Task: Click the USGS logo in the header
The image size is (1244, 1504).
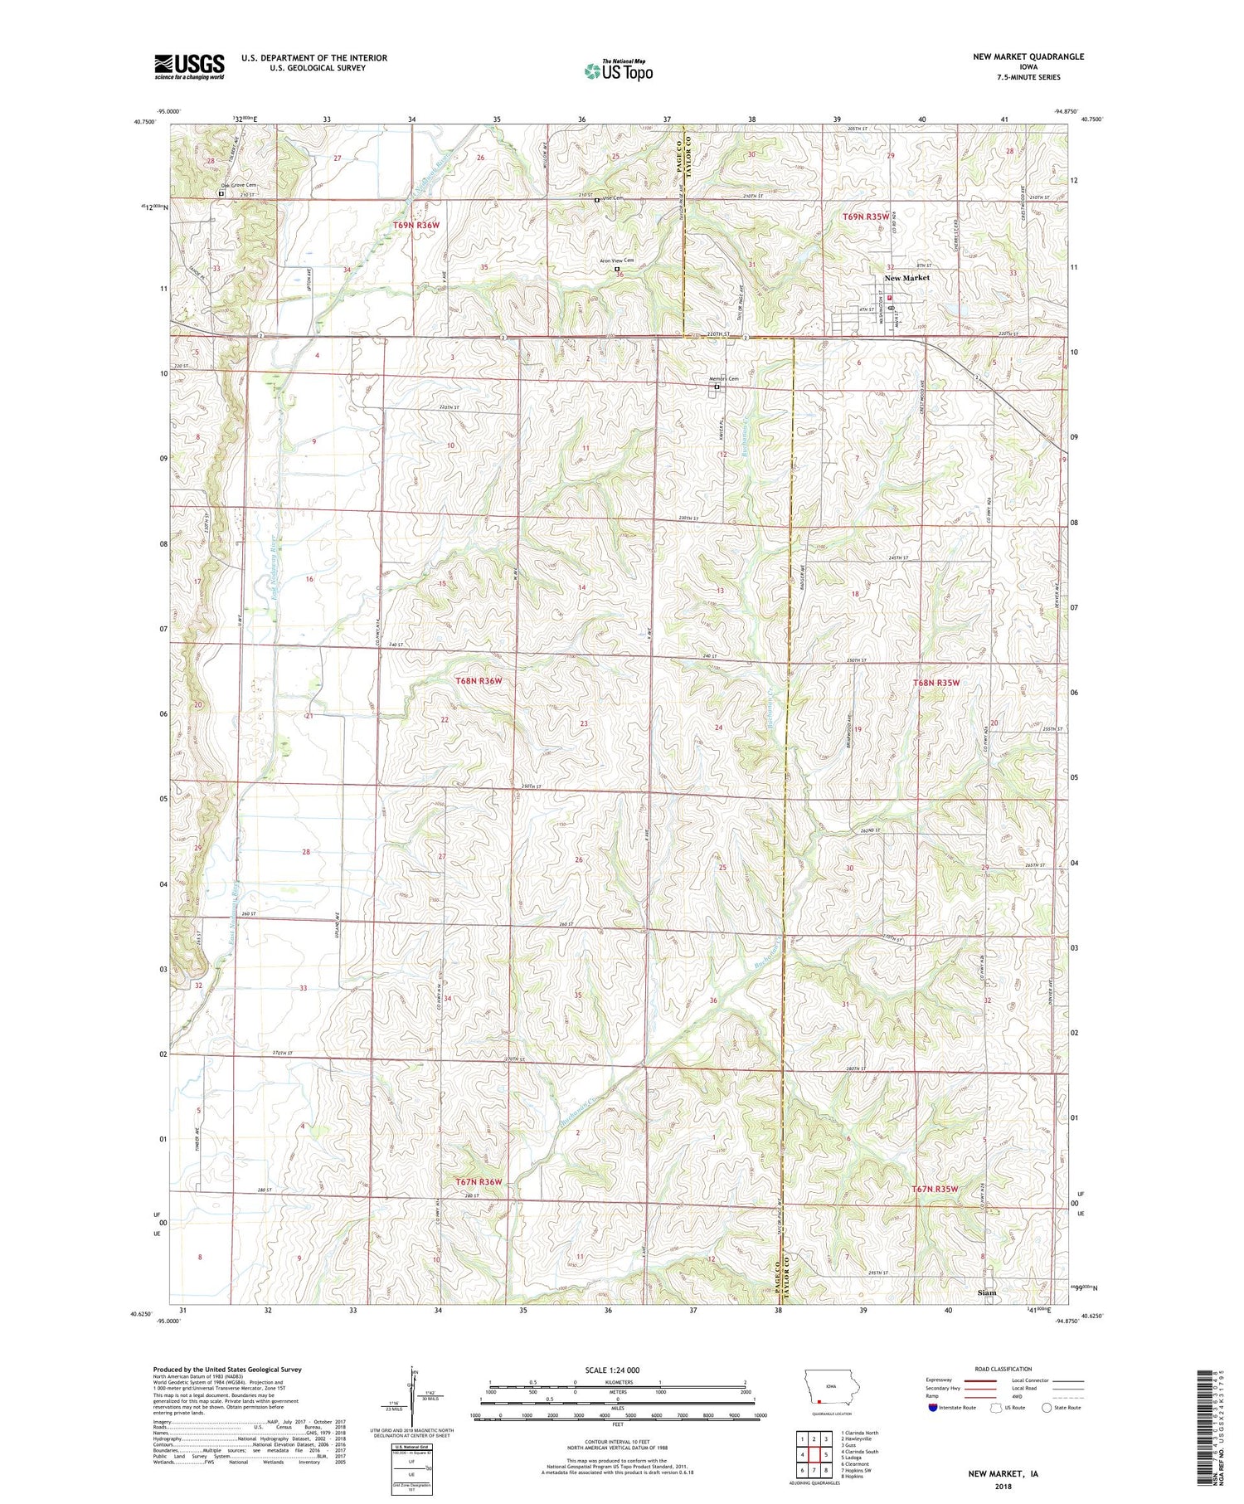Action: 189,66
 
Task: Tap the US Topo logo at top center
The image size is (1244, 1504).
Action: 618,71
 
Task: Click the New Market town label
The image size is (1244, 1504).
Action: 906,278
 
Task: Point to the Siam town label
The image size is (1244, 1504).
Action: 987,1292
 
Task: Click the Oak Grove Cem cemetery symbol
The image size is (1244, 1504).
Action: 221,193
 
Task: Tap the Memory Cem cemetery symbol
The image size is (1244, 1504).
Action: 717,387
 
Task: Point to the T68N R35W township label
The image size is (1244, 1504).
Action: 935,683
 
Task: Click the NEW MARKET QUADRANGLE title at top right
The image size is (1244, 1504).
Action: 1028,56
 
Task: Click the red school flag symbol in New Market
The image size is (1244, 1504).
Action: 889,297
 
